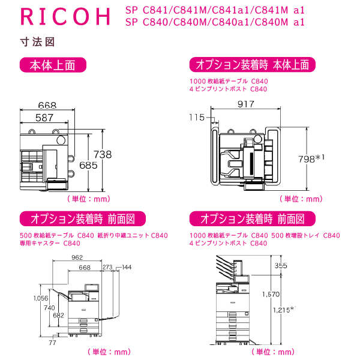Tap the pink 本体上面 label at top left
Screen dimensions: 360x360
tap(54, 65)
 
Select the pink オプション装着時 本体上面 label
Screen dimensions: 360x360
tap(252, 65)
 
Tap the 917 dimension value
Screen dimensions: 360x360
tap(245, 104)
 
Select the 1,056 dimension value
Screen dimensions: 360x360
tap(41, 298)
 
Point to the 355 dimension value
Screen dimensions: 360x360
tap(298, 265)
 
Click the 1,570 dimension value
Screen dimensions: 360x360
tap(271, 294)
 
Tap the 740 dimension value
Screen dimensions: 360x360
tap(50, 307)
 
